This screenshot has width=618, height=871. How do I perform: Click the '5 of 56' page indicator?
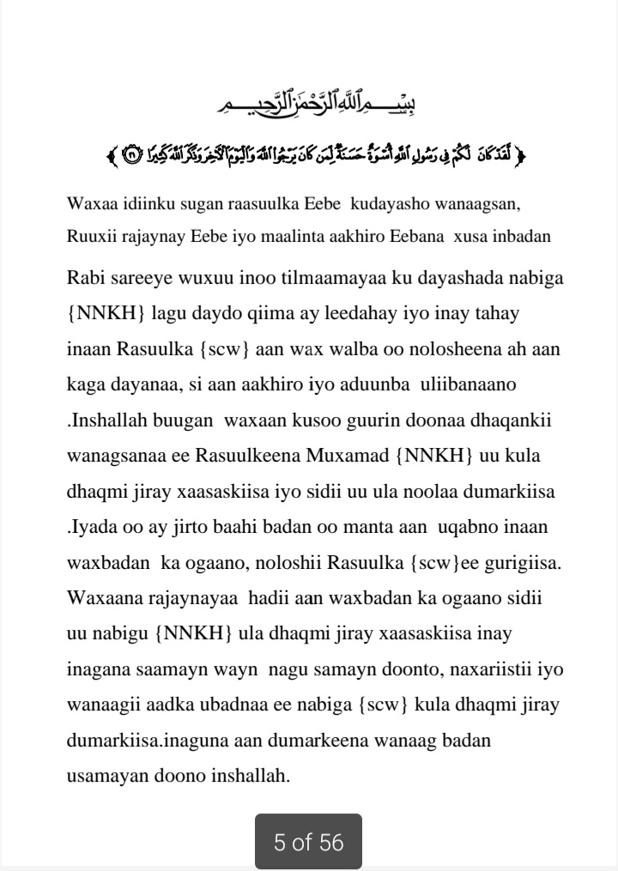click(308, 843)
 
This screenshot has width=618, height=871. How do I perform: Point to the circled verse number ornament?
click(130, 156)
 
